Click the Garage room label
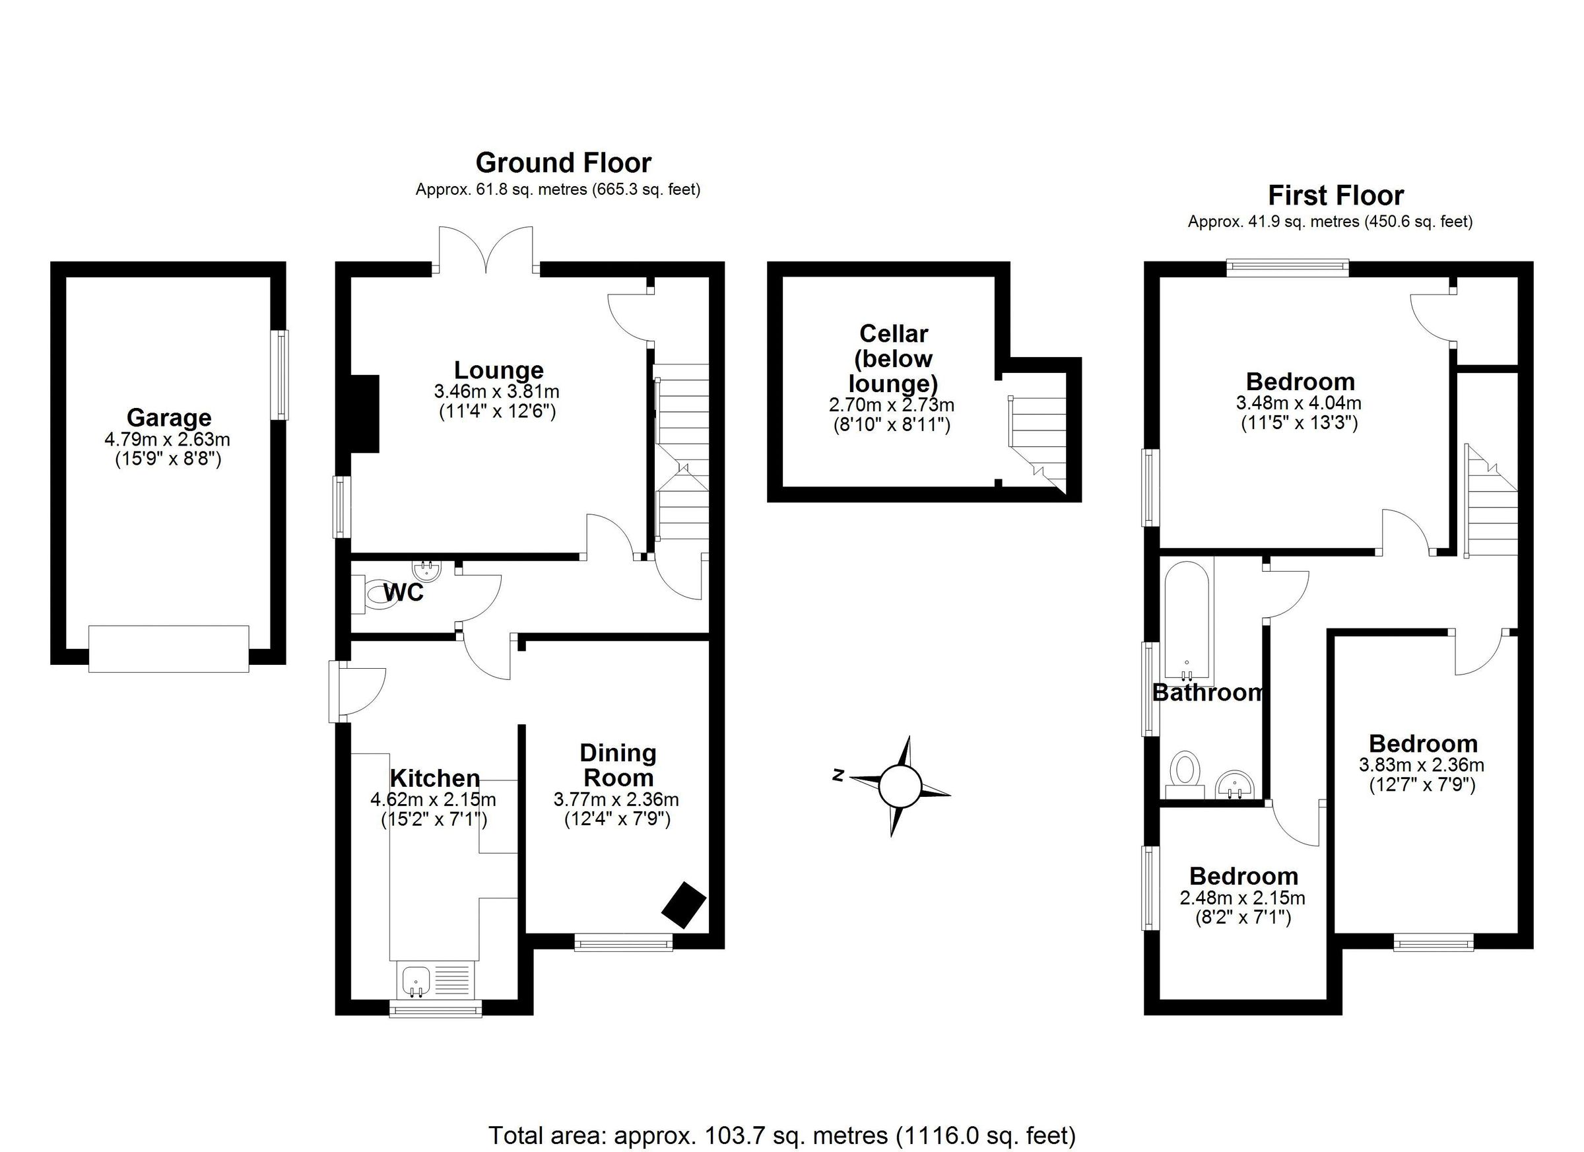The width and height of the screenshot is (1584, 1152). pos(168,417)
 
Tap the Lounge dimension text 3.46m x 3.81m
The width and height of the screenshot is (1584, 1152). pos(496,391)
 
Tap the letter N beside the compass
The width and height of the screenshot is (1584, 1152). pos(838,775)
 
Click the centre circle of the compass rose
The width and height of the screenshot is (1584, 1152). pos(900,786)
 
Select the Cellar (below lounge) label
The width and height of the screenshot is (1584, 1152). pos(892,358)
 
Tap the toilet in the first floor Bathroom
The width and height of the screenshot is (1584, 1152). pos(1185,772)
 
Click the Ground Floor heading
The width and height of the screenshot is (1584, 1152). pos(563,163)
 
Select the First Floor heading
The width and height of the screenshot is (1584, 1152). pos(1335,195)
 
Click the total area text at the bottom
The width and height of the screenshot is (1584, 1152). pos(781,1136)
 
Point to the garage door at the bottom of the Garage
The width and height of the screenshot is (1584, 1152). pos(168,649)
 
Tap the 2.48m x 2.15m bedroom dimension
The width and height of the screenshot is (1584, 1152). pos(1243,898)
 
